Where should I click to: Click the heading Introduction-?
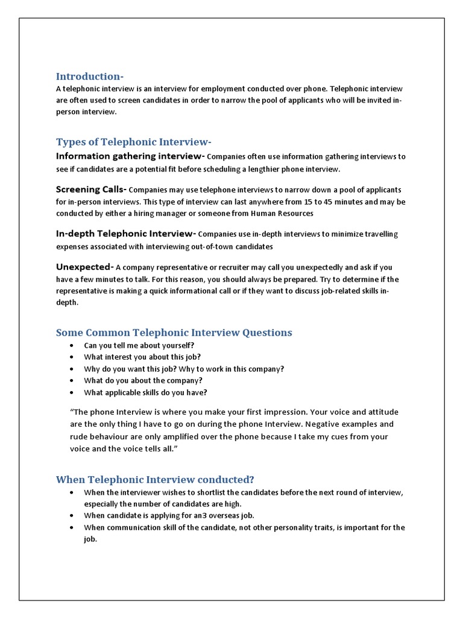[90, 77]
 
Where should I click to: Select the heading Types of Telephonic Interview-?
[133, 142]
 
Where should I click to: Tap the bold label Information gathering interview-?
[130, 156]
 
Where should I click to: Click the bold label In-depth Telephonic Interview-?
[125, 234]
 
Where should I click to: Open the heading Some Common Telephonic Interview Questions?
[174, 333]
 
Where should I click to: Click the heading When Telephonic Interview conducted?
[155, 480]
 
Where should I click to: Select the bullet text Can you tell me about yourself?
[139, 345]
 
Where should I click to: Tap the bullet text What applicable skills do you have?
[145, 392]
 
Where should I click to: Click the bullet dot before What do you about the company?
[72, 381]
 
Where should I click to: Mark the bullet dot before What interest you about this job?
[72, 357]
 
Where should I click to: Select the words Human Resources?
[282, 214]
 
